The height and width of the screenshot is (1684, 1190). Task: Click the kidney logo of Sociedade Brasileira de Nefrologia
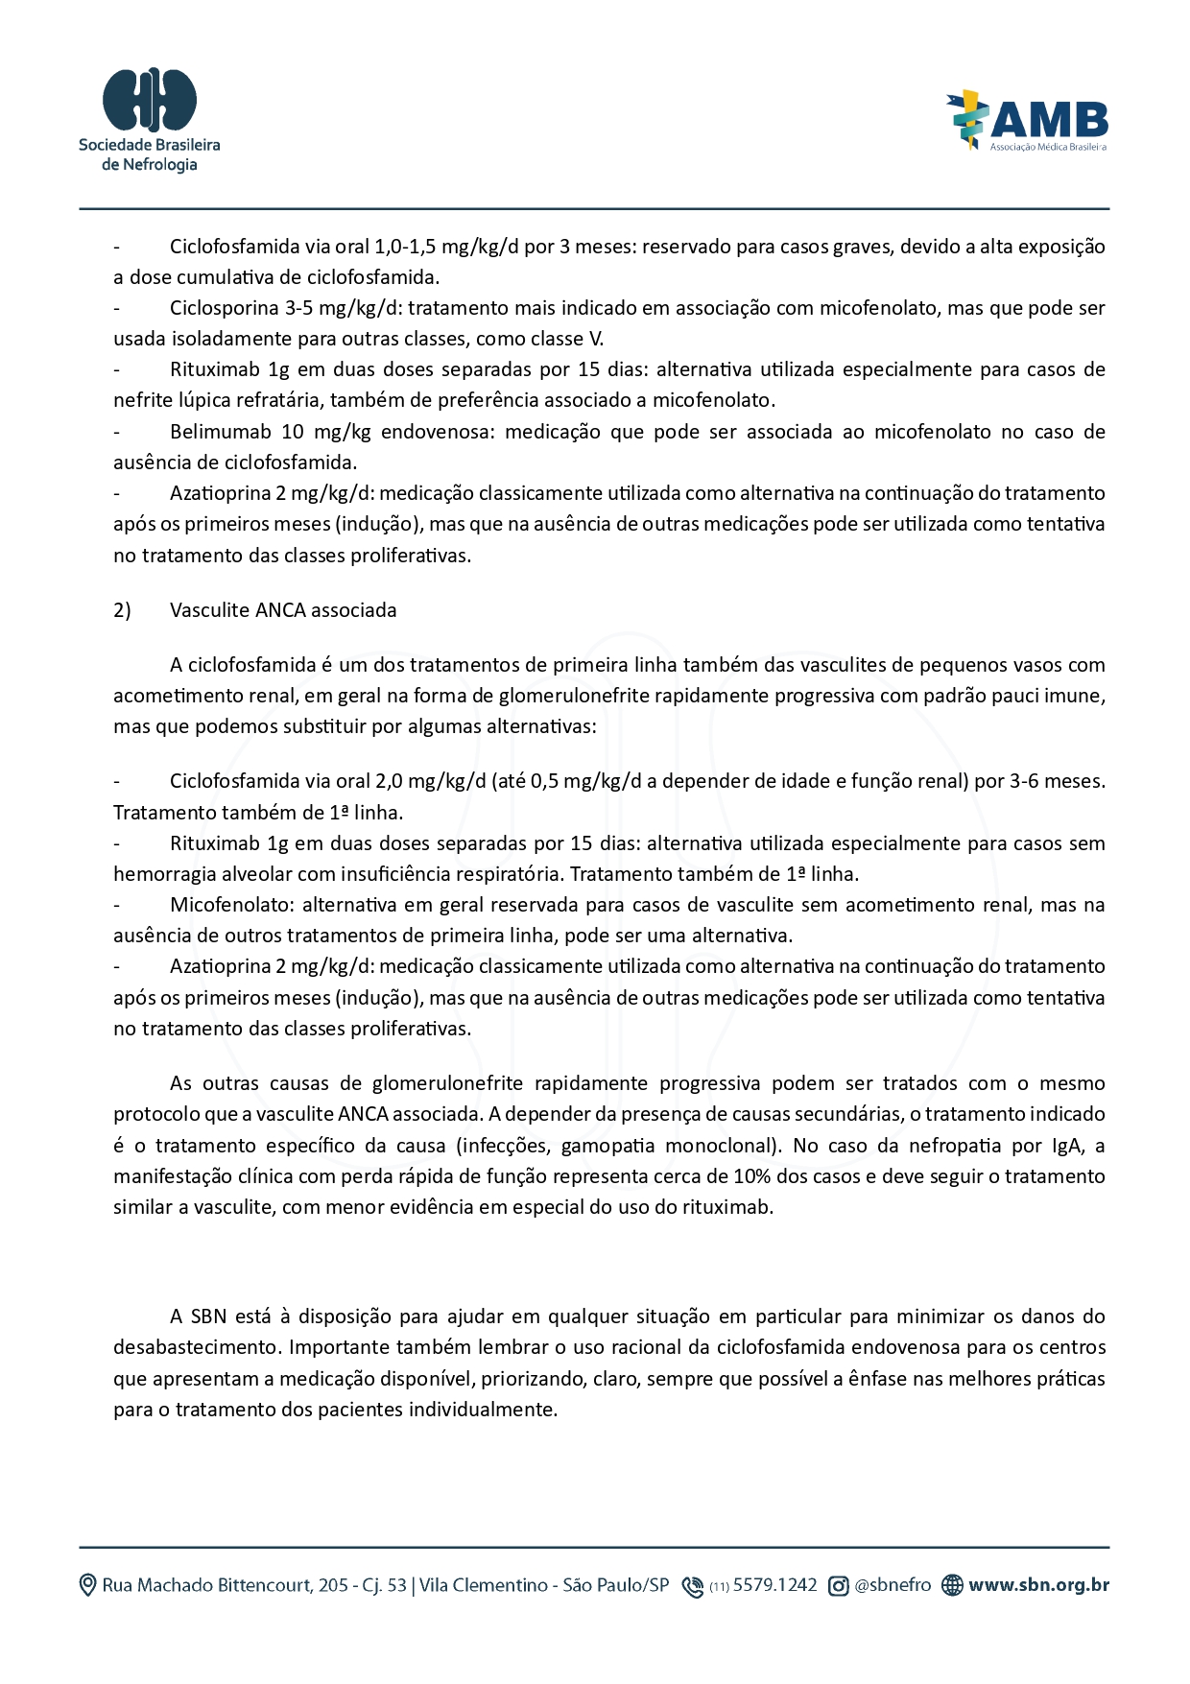pyautogui.click(x=150, y=99)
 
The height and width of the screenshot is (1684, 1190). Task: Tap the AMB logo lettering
pyautogui.click(x=1049, y=121)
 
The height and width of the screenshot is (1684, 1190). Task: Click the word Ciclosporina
pyautogui.click(x=224, y=308)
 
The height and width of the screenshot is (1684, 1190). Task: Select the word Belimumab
pyautogui.click(x=220, y=432)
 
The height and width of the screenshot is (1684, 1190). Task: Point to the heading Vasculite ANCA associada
pyautogui.click(x=283, y=610)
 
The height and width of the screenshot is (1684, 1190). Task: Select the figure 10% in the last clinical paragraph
pyautogui.click(x=752, y=1176)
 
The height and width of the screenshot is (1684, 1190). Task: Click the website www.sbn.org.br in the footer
pyautogui.click(x=1038, y=1585)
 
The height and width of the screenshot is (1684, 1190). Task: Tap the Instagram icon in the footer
pyautogui.click(x=838, y=1586)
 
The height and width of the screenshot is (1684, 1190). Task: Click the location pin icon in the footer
pyautogui.click(x=87, y=1585)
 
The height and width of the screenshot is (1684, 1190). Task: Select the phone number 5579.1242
pyautogui.click(x=774, y=1585)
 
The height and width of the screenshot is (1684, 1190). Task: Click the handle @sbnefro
pyautogui.click(x=892, y=1585)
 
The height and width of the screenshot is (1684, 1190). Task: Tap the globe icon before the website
pyautogui.click(x=951, y=1586)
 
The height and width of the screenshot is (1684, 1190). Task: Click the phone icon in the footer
pyautogui.click(x=692, y=1586)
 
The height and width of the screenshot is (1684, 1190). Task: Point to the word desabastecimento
pyautogui.click(x=197, y=1347)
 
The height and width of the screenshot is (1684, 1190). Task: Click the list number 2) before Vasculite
pyautogui.click(x=122, y=610)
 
